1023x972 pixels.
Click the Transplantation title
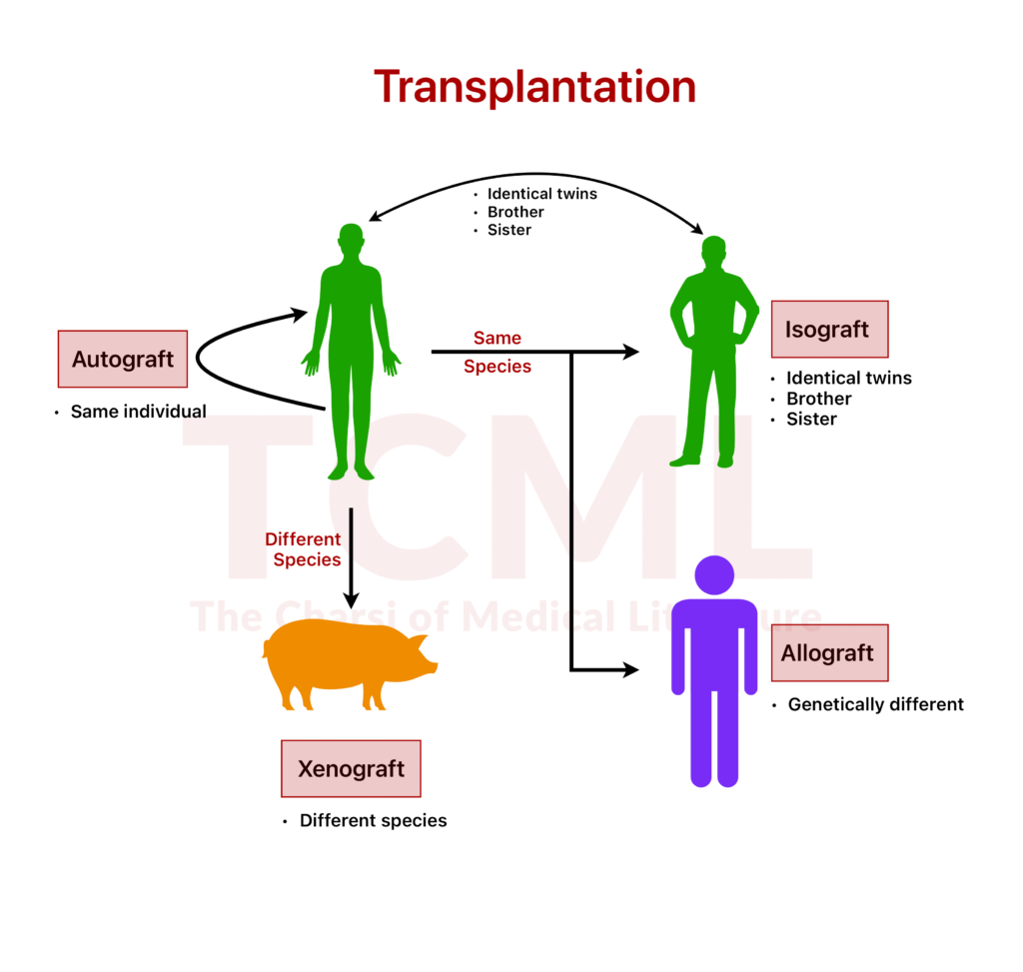pyautogui.click(x=534, y=87)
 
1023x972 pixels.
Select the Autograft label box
pyautogui.click(x=123, y=359)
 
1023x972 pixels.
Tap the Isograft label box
pyautogui.click(x=829, y=329)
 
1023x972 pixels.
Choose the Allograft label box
pyautogui.click(x=829, y=653)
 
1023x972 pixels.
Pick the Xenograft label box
pyautogui.click(x=351, y=768)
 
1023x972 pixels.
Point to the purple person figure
pyautogui.click(x=714, y=679)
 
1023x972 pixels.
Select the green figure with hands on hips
pyautogui.click(x=713, y=350)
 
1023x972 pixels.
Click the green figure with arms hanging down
pyautogui.click(x=351, y=350)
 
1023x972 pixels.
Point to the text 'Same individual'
pyautogui.click(x=138, y=412)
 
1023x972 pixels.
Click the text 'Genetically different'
pyautogui.click(x=875, y=704)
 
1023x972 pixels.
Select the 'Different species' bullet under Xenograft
pyautogui.click(x=373, y=821)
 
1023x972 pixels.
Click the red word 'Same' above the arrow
pyautogui.click(x=498, y=338)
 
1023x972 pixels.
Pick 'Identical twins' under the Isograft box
pyautogui.click(x=848, y=378)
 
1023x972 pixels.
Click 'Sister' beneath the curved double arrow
pyautogui.click(x=509, y=230)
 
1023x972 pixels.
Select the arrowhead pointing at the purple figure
pyautogui.click(x=629, y=669)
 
